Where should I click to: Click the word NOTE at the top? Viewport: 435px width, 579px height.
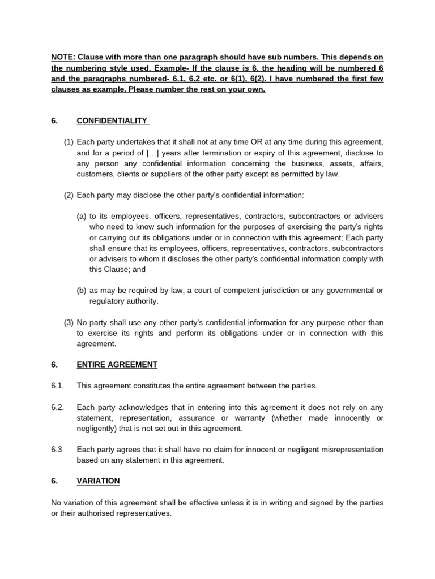tap(62, 57)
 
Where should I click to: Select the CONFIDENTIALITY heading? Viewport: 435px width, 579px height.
tap(112, 120)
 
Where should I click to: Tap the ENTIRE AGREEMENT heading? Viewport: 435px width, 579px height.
tap(117, 365)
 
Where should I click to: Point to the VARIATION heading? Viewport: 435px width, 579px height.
tap(98, 481)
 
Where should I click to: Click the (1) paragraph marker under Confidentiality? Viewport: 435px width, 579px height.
tap(69, 141)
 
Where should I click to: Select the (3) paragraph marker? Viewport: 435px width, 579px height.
tap(69, 322)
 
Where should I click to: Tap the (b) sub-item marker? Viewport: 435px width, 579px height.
tap(82, 291)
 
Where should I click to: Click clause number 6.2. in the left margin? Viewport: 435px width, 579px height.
tap(58, 408)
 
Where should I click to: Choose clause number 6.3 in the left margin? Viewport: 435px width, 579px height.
tap(57, 450)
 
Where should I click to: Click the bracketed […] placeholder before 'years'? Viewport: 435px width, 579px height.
tap(143, 153)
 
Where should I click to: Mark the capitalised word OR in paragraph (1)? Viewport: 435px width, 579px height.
tap(251, 141)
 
